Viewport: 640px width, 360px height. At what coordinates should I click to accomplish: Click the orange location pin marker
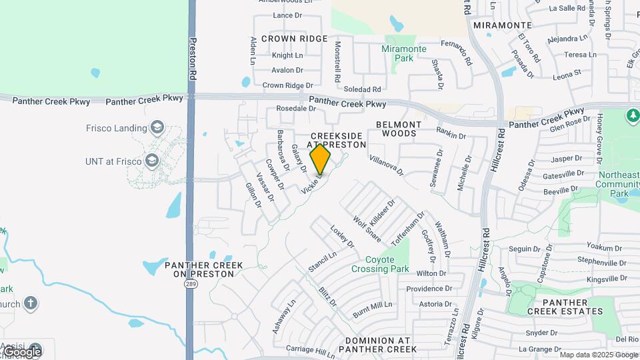pyautogui.click(x=321, y=159)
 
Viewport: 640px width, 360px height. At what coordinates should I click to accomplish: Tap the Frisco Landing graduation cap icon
pyautogui.click(x=157, y=127)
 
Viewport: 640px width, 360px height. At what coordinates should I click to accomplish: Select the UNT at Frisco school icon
pyautogui.click(x=153, y=161)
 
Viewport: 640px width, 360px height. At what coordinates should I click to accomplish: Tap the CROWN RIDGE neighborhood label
pyautogui.click(x=294, y=39)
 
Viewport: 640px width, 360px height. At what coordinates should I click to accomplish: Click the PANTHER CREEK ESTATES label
pyautogui.click(x=565, y=306)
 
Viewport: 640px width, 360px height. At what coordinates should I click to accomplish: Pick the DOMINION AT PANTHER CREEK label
pyautogui.click(x=377, y=344)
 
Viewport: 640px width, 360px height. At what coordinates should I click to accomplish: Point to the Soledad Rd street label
pyautogui.click(x=363, y=89)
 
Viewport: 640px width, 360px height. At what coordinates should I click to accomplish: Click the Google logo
pyautogui.click(x=22, y=351)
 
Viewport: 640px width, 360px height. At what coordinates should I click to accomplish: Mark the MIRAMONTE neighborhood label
pyautogui.click(x=502, y=25)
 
